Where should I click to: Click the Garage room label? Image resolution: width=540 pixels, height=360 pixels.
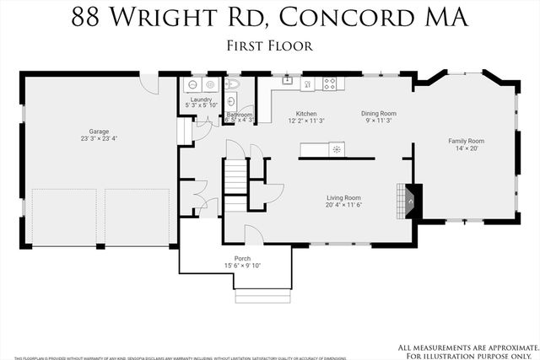(100, 132)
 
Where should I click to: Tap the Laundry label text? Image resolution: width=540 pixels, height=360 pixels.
(201, 99)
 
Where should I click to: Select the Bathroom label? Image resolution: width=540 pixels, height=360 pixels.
(240, 115)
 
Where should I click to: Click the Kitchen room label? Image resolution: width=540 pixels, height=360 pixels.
(305, 113)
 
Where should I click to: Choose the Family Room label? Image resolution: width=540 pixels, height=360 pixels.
(466, 141)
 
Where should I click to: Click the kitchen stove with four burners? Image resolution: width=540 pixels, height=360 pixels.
(330, 83)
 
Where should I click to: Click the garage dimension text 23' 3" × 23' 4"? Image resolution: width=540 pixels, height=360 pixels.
(100, 139)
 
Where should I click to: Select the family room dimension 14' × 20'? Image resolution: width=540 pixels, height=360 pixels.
(466, 148)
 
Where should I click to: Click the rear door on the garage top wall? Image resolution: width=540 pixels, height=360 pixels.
(149, 82)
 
